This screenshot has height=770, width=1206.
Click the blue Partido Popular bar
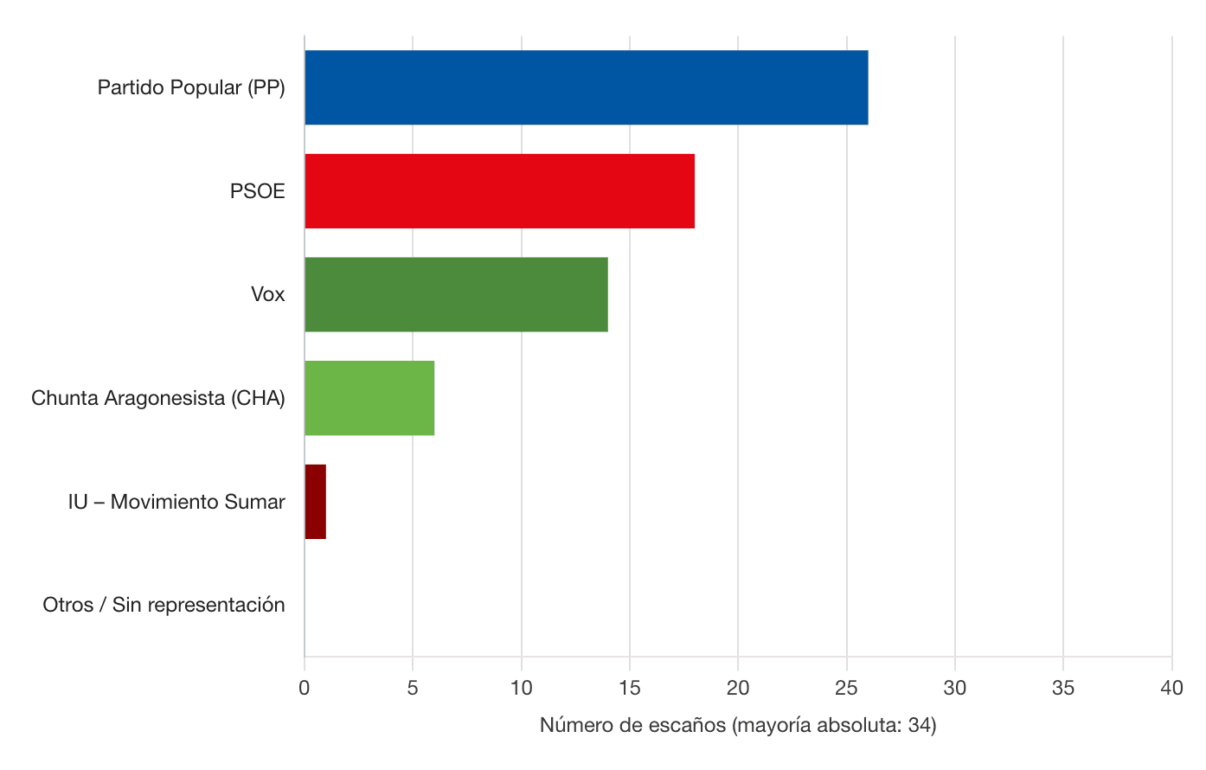[x=586, y=87]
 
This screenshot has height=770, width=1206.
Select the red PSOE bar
[x=499, y=191]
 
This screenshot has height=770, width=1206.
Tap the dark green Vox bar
[x=456, y=294]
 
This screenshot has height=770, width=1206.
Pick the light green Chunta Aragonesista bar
[x=369, y=398]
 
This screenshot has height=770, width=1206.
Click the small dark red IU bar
[x=315, y=502]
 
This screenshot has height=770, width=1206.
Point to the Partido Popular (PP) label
[x=191, y=87]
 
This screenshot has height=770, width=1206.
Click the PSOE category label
[x=257, y=191]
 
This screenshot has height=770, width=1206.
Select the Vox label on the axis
[x=267, y=294]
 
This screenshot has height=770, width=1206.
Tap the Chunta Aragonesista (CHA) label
[x=158, y=398]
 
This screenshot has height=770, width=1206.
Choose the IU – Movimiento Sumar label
[x=176, y=502]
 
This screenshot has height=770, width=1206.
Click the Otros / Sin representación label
[x=164, y=605]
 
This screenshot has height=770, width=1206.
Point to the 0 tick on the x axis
[x=305, y=688]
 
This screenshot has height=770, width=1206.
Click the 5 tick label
[x=413, y=688]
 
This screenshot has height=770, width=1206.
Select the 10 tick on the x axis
[x=522, y=688]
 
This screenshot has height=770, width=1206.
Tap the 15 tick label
[x=630, y=688]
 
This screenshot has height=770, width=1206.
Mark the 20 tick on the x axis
[x=738, y=688]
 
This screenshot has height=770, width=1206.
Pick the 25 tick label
[x=847, y=688]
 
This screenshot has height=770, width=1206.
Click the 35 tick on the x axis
[x=1063, y=688]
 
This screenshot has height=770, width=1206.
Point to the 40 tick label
[x=1171, y=688]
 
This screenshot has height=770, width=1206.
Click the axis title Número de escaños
[x=738, y=725]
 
